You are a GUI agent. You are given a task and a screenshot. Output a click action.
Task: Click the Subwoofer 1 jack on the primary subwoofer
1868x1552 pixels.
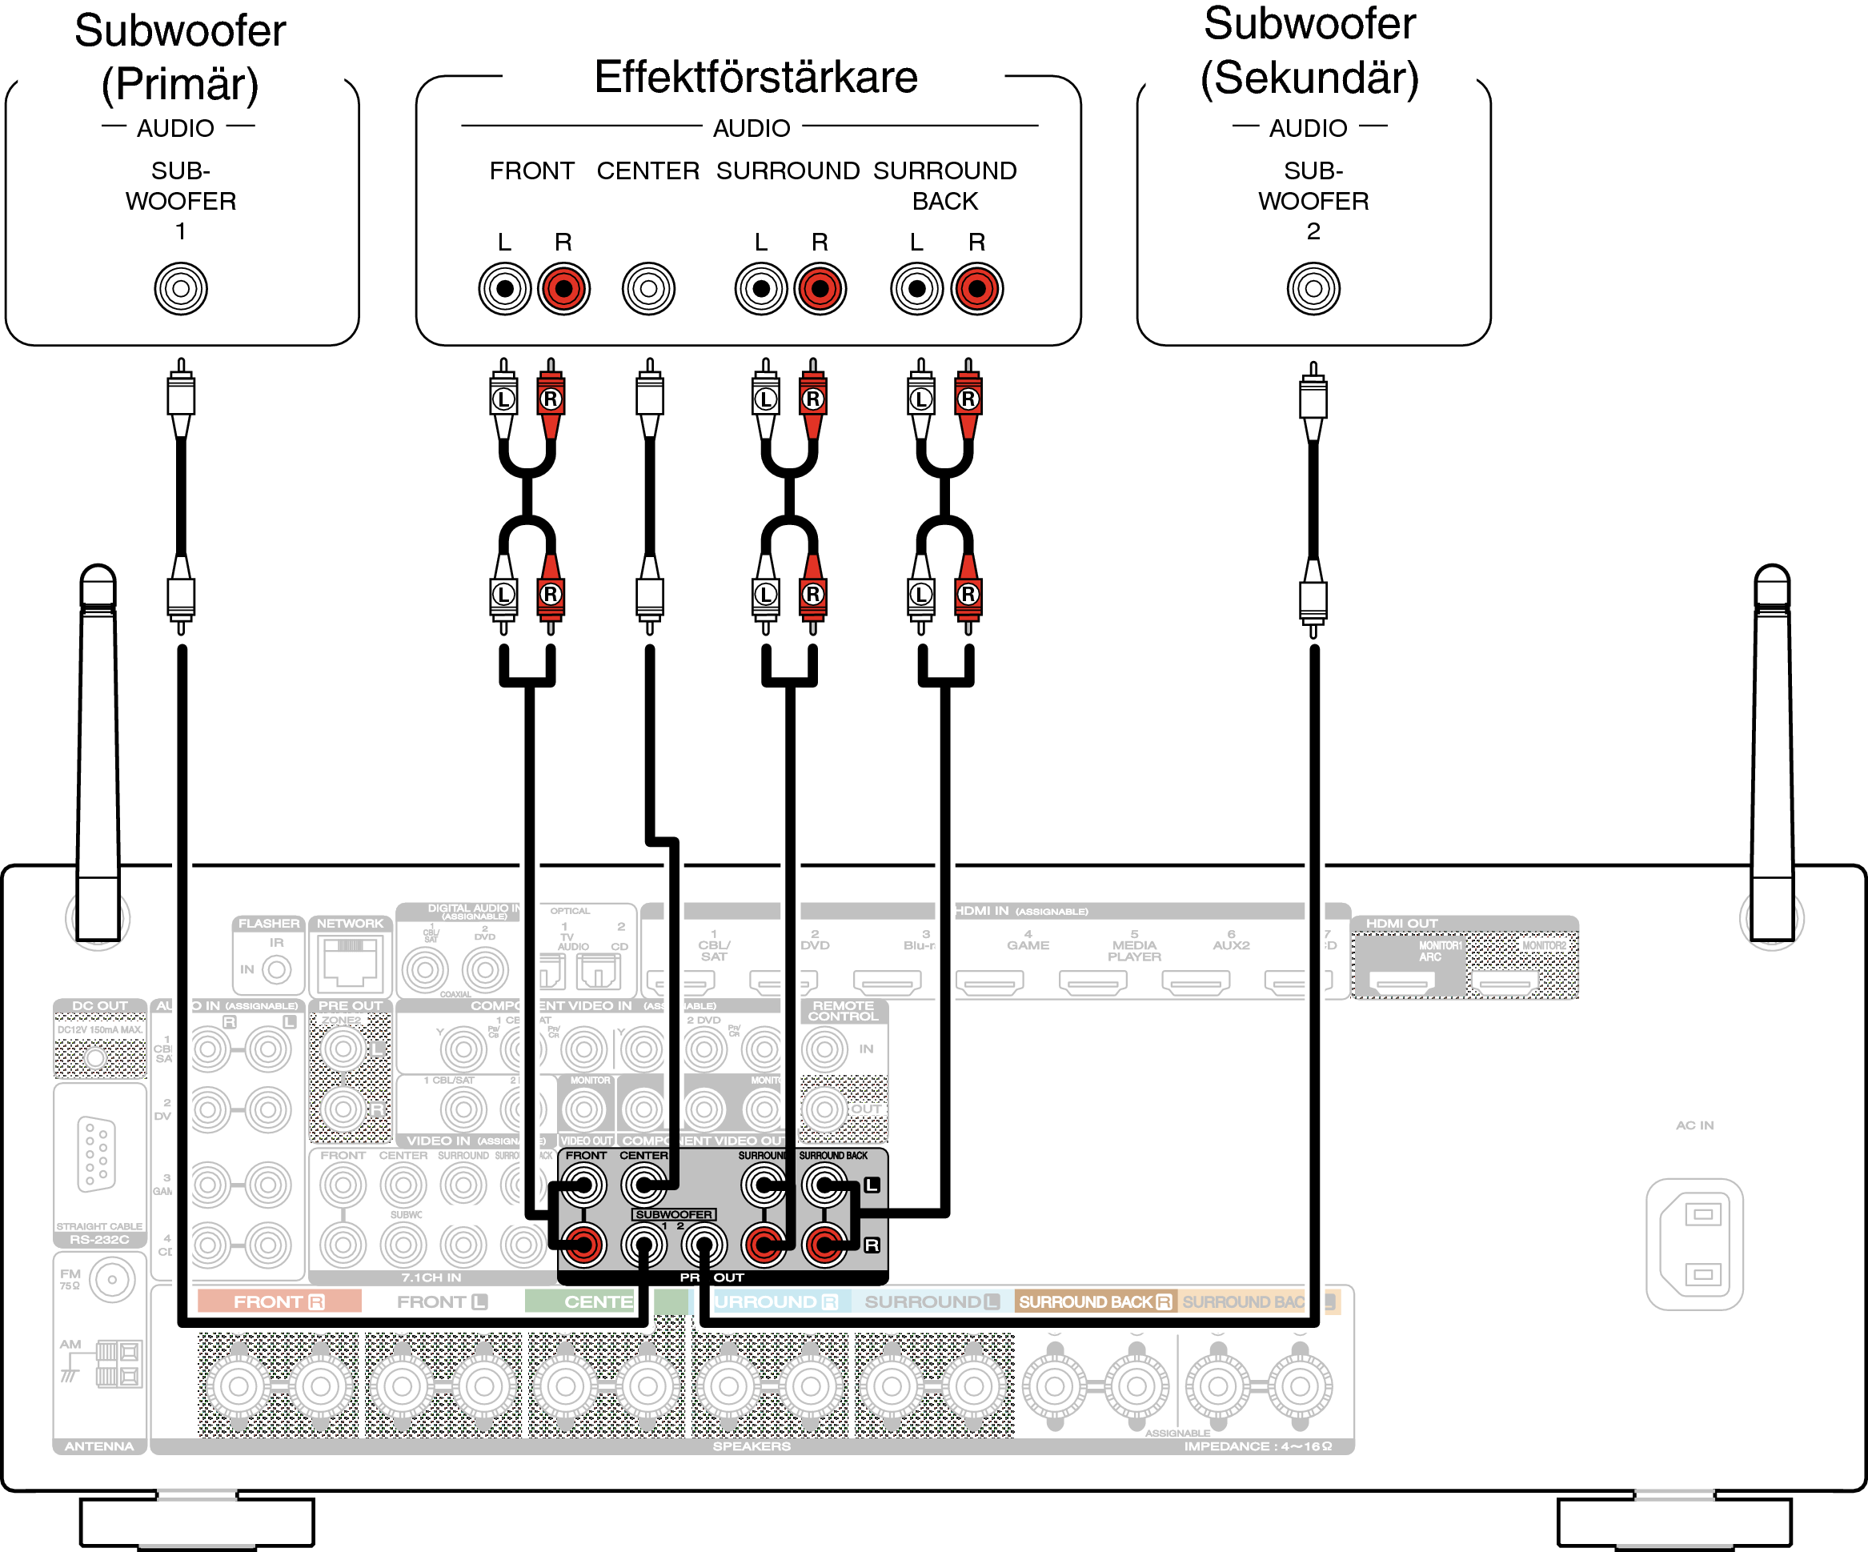(181, 288)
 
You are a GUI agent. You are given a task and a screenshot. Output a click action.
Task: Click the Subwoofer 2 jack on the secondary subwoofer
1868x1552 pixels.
(1313, 288)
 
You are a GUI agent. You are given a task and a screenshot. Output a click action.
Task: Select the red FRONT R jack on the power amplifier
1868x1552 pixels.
(564, 288)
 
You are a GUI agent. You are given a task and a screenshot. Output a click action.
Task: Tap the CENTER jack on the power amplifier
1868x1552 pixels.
(648, 288)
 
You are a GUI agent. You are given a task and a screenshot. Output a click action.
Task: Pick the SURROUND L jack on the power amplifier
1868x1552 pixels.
(760, 288)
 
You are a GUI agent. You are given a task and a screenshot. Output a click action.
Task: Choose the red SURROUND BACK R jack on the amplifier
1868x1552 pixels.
(976, 288)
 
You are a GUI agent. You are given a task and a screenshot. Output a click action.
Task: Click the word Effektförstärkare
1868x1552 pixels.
(756, 78)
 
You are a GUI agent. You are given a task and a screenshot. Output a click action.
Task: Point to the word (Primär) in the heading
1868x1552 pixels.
(180, 85)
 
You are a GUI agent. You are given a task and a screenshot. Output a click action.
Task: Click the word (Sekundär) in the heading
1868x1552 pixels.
(1309, 78)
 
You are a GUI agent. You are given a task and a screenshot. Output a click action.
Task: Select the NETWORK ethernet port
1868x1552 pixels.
(351, 962)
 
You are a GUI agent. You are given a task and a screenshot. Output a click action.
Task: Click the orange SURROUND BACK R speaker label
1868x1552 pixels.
(1095, 1302)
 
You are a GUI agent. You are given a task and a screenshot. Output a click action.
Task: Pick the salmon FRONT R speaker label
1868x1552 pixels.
(279, 1302)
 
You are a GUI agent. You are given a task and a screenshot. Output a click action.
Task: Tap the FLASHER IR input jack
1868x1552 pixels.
(277, 969)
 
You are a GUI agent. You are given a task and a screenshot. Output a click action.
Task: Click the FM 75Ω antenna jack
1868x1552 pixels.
(111, 1280)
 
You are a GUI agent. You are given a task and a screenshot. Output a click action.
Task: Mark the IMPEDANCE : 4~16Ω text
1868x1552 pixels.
(1258, 1446)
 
